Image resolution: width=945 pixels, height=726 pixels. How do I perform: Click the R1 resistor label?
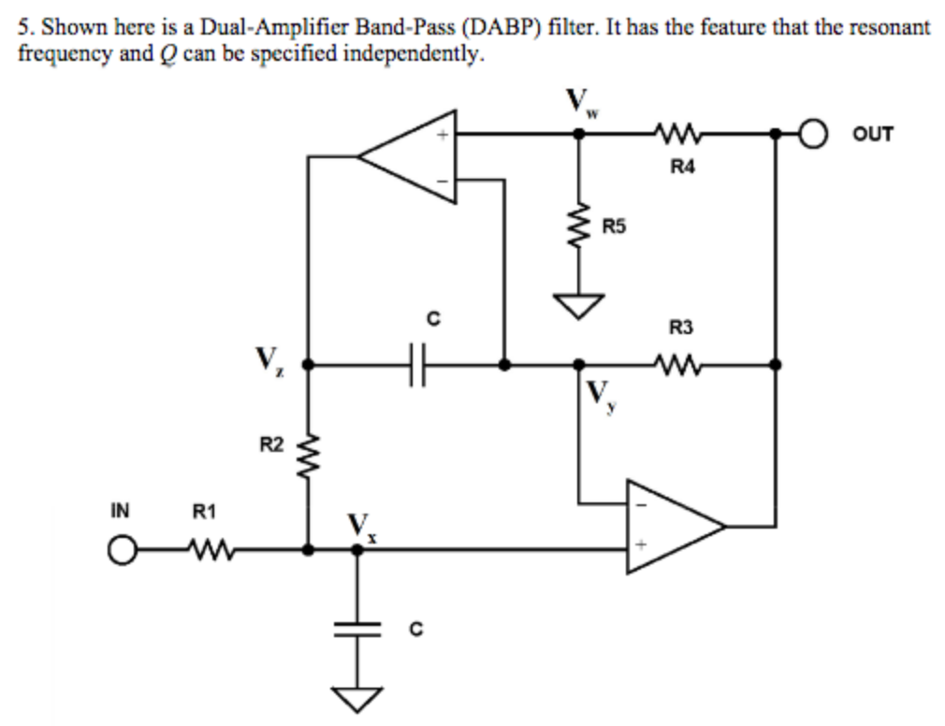(x=204, y=512)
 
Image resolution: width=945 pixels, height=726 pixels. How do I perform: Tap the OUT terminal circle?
(x=814, y=134)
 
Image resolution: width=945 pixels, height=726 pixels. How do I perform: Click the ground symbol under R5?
(x=579, y=304)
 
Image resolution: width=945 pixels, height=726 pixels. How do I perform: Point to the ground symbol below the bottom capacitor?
(x=356, y=698)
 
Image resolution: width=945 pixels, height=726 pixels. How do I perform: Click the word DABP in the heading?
(x=491, y=27)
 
